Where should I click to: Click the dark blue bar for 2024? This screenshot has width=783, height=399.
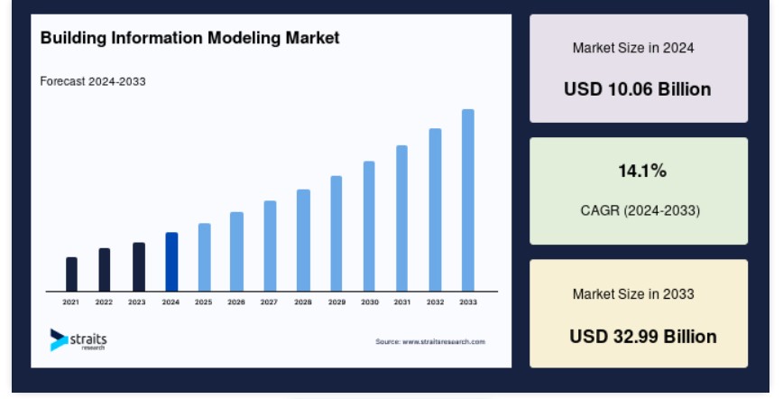[x=171, y=262]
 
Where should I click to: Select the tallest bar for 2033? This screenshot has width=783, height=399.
[x=468, y=200]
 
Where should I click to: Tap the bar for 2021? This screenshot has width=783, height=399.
[x=71, y=274]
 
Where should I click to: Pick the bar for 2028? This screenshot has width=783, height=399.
[x=303, y=240]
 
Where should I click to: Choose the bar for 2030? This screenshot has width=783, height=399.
[x=369, y=226]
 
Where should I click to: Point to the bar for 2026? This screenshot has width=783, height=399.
[x=236, y=252]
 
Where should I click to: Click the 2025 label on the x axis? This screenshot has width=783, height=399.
[x=203, y=302]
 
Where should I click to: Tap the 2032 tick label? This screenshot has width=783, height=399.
[x=435, y=302]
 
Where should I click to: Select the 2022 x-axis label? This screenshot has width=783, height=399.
[x=104, y=302]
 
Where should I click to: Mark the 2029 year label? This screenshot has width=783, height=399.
[x=336, y=302]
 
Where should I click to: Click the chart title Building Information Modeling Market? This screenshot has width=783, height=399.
[x=189, y=38]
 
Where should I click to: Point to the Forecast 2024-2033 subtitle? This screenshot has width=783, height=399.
[x=93, y=81]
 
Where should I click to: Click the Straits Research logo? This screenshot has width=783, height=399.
[x=78, y=339]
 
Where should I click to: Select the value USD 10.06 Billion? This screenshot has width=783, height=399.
[x=637, y=89]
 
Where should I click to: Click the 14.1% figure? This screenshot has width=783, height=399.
[x=642, y=171]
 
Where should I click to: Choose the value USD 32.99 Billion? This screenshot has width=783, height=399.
[x=643, y=337]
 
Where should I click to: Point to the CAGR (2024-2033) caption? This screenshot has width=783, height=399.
[x=640, y=210]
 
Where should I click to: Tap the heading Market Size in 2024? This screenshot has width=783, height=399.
[x=633, y=48]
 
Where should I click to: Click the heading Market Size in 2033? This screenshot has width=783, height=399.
[x=633, y=294]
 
